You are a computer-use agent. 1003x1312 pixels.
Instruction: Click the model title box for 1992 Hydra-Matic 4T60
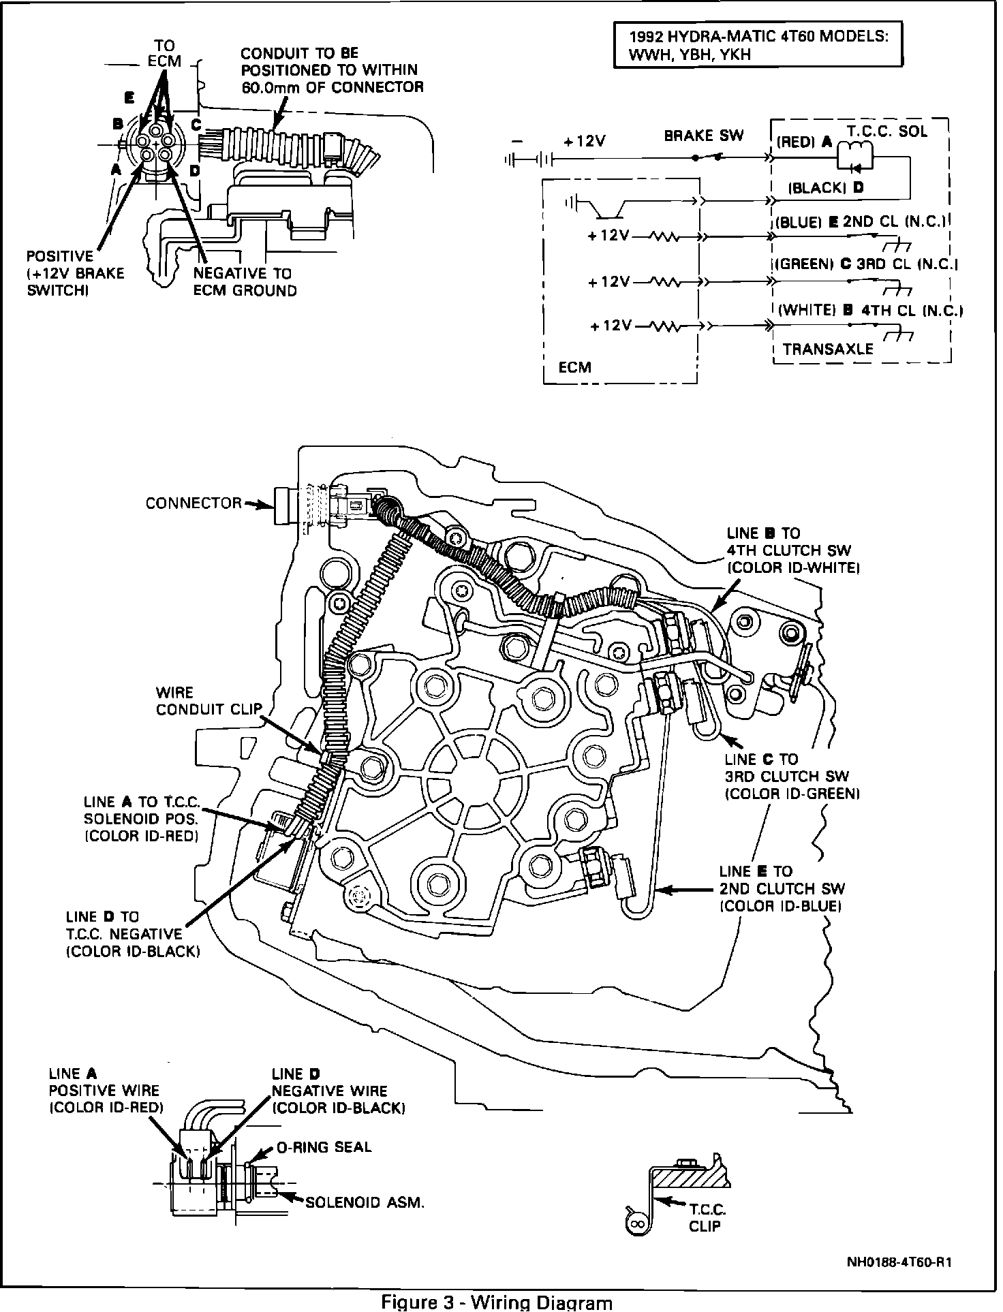click(x=758, y=45)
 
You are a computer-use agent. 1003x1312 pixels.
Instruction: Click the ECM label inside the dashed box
click(x=574, y=367)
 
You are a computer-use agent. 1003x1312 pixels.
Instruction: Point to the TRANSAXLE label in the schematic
click(x=827, y=349)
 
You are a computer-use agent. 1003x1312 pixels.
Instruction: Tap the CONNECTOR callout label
click(x=194, y=503)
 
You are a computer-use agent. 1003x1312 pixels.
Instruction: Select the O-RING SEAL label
click(x=324, y=1146)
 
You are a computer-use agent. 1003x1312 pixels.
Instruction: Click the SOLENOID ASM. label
click(x=365, y=1202)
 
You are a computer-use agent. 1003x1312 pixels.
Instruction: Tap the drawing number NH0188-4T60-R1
click(x=899, y=1262)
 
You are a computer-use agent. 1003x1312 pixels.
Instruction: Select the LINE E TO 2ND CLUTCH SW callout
click(x=782, y=888)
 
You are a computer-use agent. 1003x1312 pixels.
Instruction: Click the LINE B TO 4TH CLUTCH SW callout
click(x=792, y=550)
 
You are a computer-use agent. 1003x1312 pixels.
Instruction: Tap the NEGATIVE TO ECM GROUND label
click(x=245, y=281)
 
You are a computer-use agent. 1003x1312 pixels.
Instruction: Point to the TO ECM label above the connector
click(x=164, y=54)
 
